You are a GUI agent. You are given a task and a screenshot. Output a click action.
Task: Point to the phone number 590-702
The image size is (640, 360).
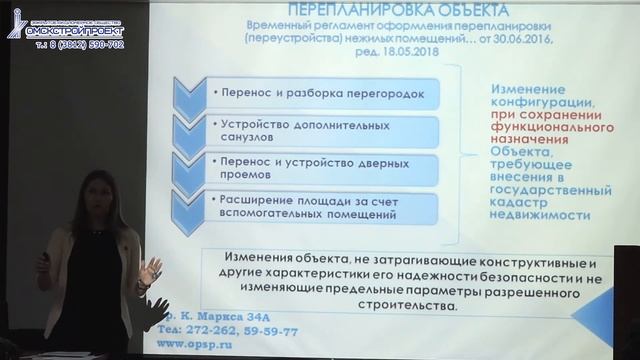(102, 45)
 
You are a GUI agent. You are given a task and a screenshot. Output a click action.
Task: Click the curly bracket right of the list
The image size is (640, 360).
(466, 150)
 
